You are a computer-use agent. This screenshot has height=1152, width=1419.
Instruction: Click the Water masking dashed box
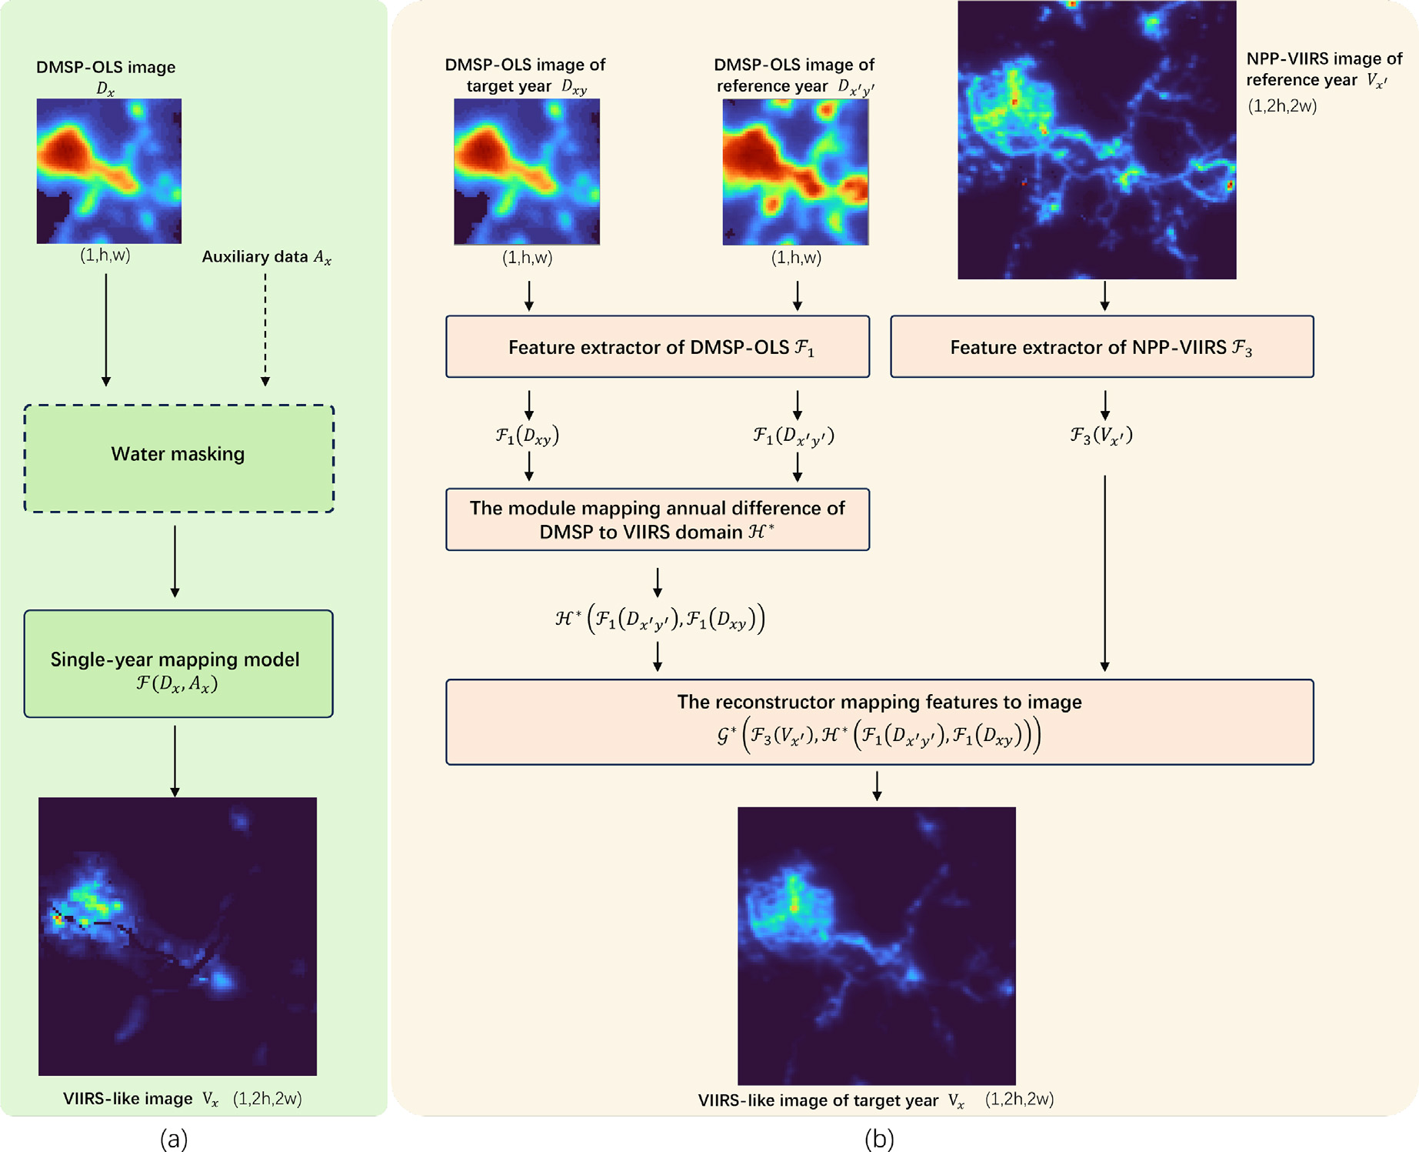pos(178,458)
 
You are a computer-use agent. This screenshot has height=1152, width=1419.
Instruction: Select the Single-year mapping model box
pos(178,663)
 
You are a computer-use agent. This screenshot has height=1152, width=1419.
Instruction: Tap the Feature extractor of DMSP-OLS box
pos(658,346)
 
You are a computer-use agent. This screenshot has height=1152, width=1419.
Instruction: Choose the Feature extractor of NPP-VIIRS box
pos(1101,346)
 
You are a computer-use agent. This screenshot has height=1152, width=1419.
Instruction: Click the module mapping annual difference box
pos(658,519)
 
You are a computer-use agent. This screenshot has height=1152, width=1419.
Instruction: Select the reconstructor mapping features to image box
pos(879,721)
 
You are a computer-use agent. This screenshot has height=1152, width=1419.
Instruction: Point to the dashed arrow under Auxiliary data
pos(265,327)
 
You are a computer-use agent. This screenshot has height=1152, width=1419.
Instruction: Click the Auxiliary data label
pos(266,257)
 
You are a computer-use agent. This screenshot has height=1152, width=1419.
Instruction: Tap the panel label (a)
pos(174,1138)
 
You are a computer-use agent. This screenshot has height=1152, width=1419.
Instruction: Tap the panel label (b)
pos(879,1138)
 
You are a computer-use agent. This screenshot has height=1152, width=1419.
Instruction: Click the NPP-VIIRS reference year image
pos(1097,140)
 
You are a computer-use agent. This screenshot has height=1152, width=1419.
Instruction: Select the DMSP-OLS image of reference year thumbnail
pos(795,172)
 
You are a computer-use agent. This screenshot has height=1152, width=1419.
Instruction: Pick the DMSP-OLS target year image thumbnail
pos(527,172)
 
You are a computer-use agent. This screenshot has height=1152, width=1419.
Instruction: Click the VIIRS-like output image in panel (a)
pos(178,936)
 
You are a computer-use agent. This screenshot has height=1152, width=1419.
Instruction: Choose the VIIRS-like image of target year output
pos(876,946)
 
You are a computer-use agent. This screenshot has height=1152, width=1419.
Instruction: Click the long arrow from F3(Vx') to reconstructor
pos(1104,573)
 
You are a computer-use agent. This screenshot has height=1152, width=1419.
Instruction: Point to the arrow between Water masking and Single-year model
pos(175,561)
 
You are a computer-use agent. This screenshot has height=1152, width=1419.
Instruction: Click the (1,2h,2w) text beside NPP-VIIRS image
pos(1282,106)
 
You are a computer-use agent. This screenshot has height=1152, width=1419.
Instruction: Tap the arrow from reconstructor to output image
pos(877,786)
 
